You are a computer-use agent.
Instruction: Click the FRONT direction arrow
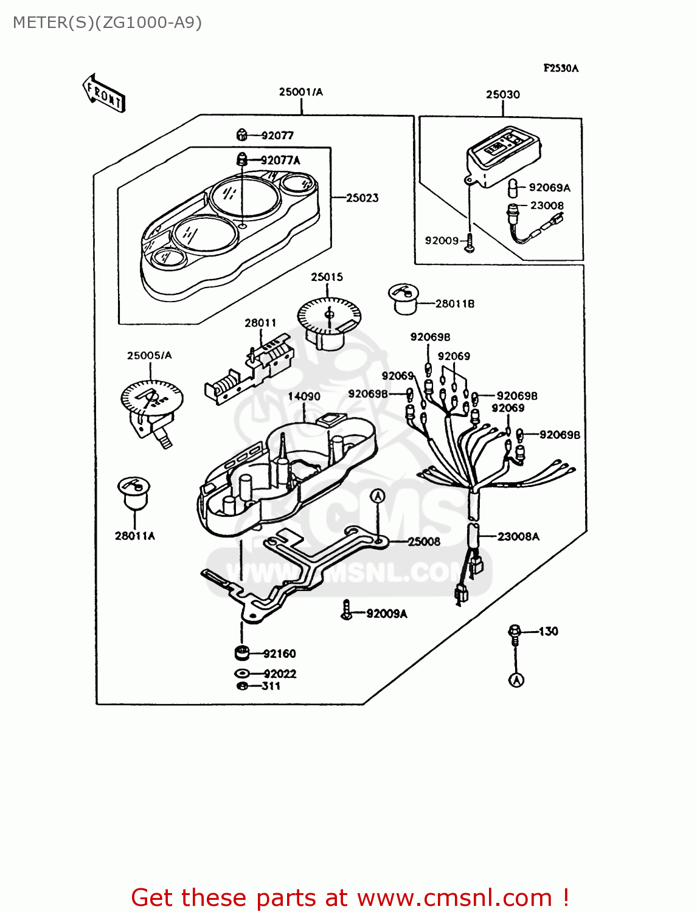click(x=103, y=93)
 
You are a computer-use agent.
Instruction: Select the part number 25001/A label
click(x=301, y=92)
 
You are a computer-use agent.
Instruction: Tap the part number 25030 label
click(x=503, y=95)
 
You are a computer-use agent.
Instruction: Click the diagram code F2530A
click(x=561, y=68)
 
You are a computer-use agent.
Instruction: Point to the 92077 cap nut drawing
click(x=242, y=135)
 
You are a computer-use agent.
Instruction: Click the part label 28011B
click(x=454, y=304)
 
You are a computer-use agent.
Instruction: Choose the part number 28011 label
click(x=260, y=323)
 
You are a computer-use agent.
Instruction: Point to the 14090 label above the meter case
click(x=304, y=396)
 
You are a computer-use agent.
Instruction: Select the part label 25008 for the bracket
click(x=424, y=542)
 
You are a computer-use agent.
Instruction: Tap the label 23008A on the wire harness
click(x=518, y=537)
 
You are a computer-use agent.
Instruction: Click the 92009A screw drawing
click(x=347, y=610)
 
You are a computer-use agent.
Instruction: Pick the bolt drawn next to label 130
click(x=515, y=634)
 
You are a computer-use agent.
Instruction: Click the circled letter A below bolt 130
click(x=516, y=680)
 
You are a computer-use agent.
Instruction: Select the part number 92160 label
click(x=279, y=654)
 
